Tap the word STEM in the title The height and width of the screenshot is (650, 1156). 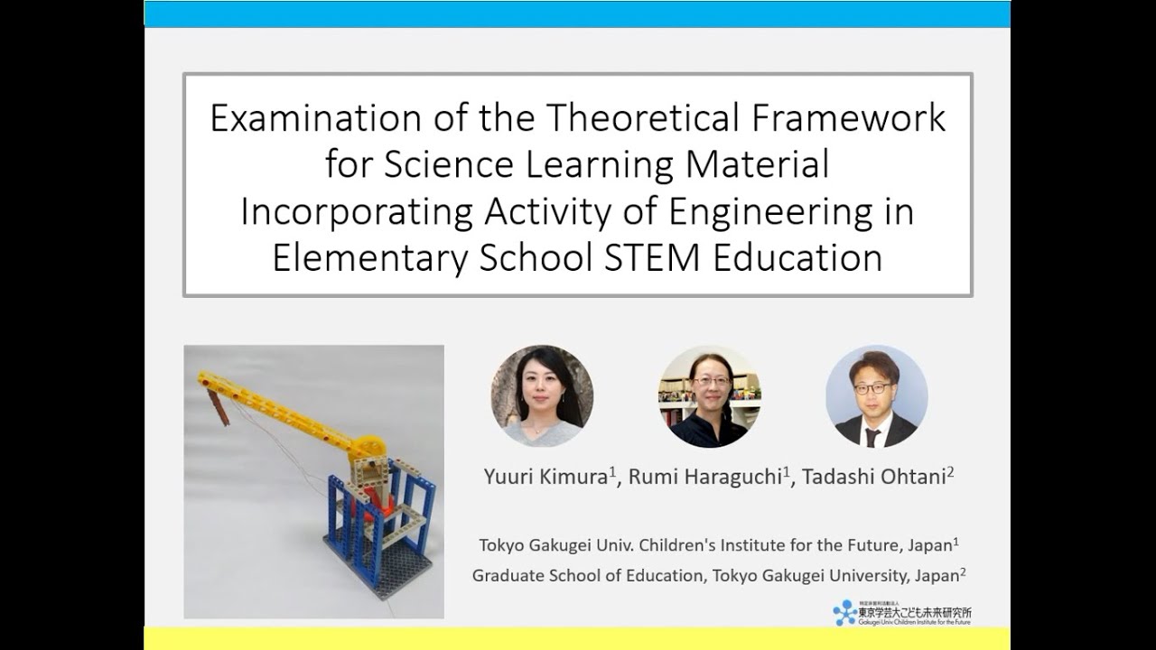(648, 258)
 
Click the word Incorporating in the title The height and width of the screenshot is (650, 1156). (356, 212)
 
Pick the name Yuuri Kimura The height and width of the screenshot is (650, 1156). (545, 477)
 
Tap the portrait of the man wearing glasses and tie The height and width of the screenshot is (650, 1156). (876, 396)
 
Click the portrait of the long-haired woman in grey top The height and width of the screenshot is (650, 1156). (542, 396)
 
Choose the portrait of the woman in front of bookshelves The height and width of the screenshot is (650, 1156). (709, 396)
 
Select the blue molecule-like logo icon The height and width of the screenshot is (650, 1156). (844, 613)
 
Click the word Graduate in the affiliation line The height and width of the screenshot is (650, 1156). (508, 574)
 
